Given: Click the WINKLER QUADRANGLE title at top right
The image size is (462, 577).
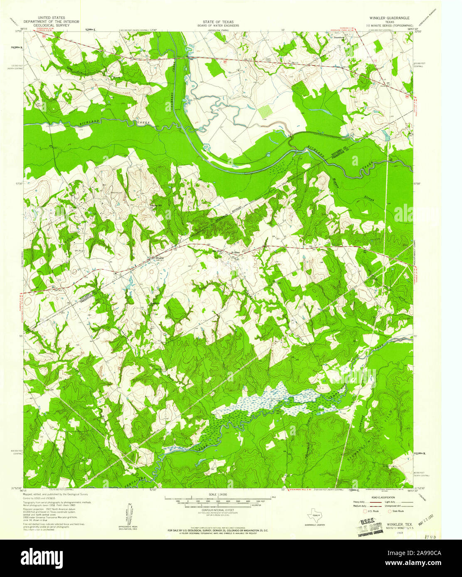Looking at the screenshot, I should (386, 18).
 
